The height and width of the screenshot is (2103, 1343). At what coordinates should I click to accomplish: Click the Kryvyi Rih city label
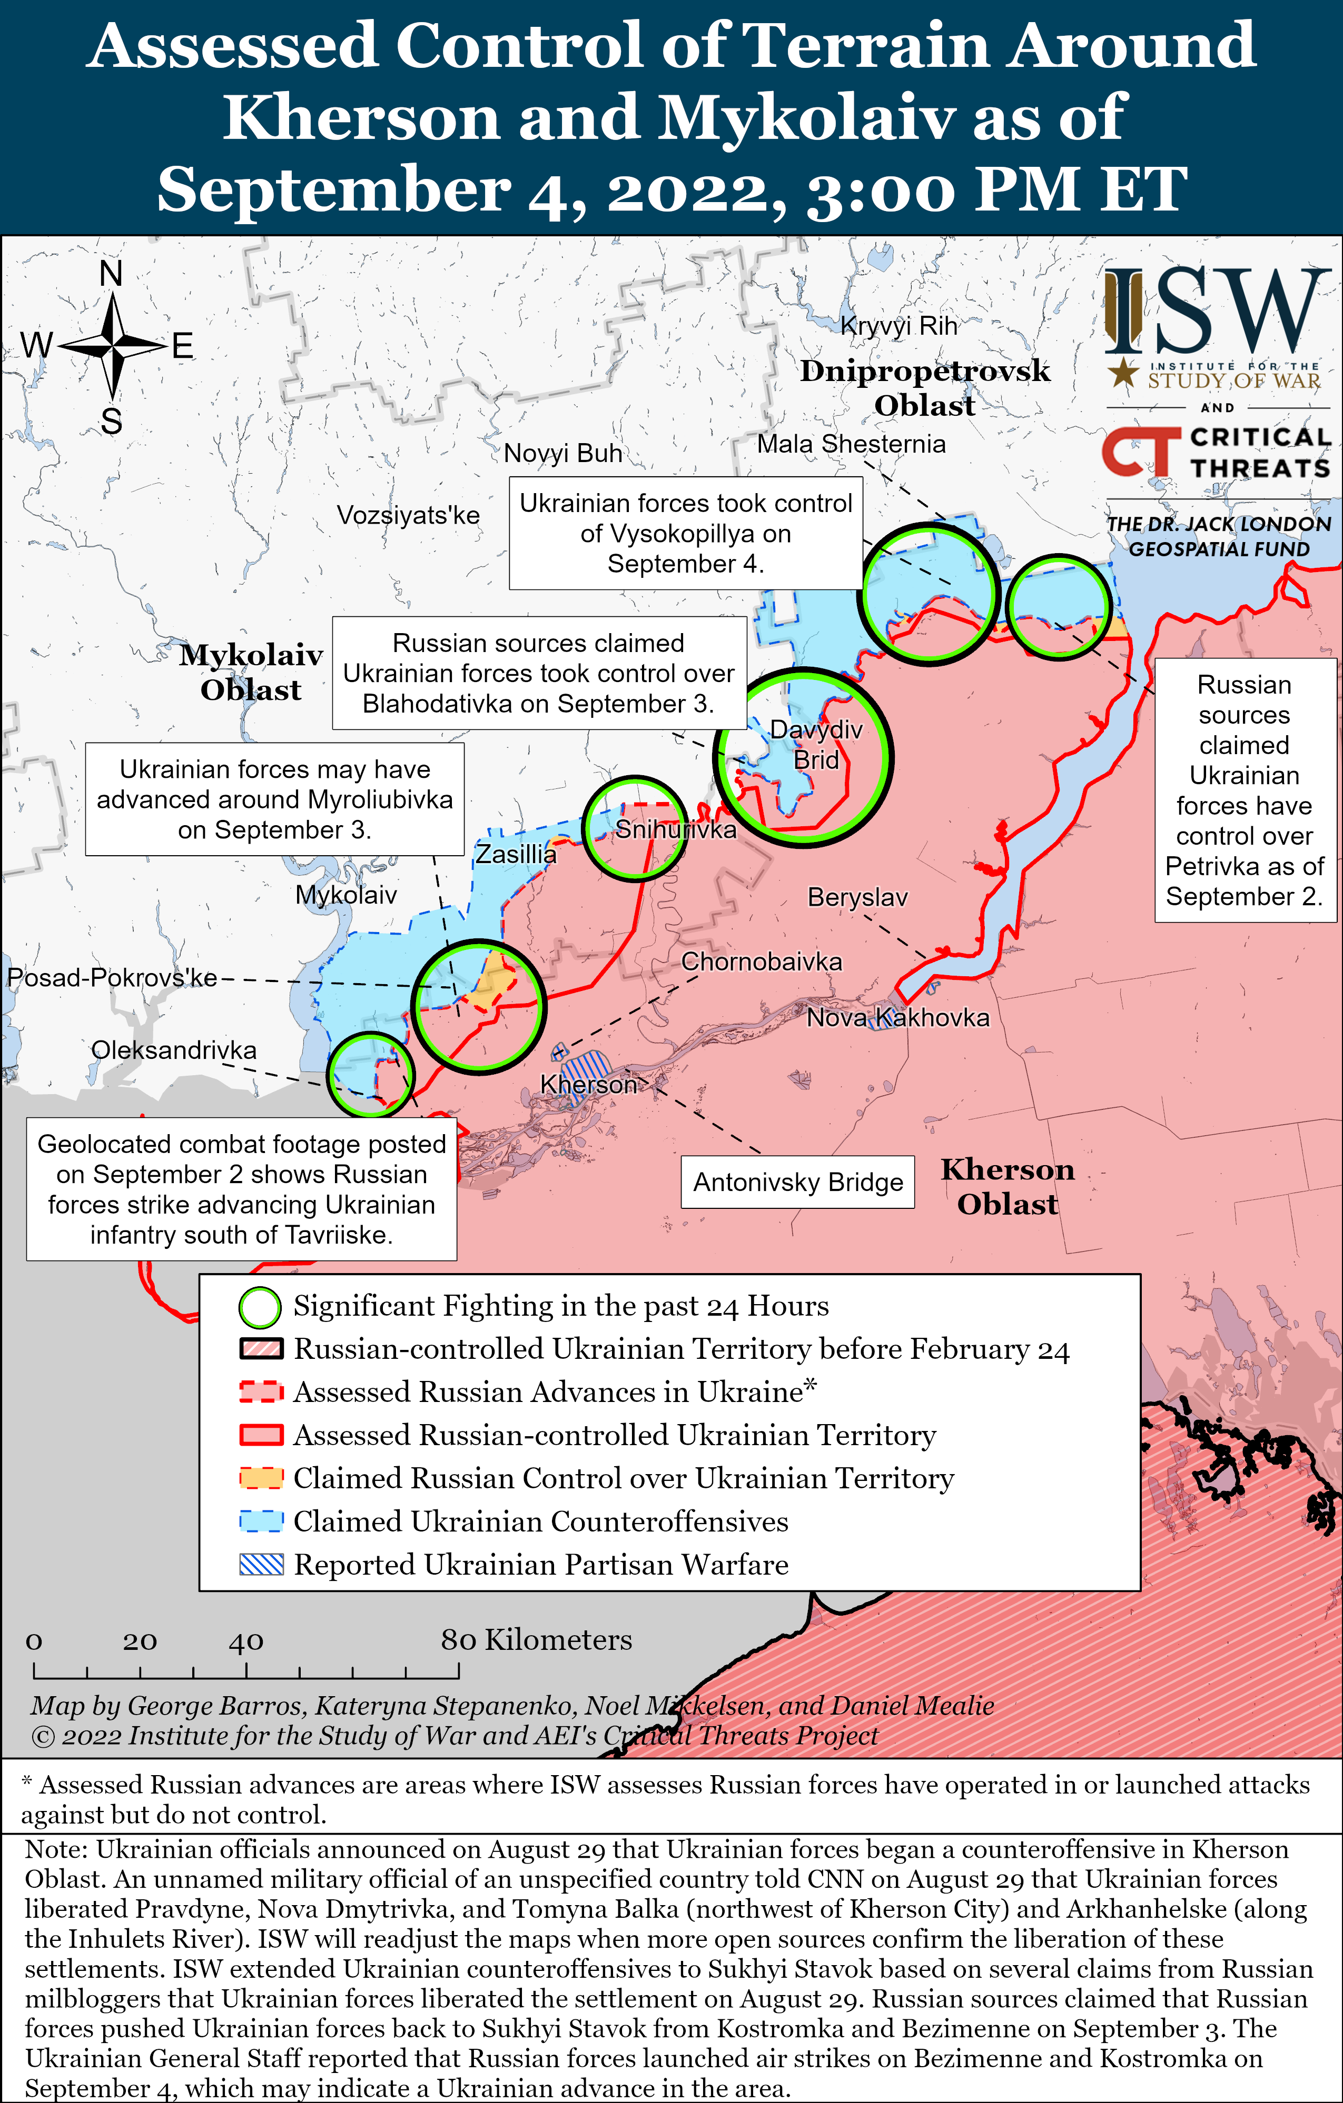coord(898,326)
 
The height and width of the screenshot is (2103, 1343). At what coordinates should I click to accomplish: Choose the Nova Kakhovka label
coord(897,1017)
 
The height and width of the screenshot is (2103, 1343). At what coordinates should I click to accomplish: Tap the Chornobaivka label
coord(761,962)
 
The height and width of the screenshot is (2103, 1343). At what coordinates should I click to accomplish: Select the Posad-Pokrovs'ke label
coord(112,977)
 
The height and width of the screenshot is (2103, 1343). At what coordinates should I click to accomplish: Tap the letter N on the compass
coord(111,273)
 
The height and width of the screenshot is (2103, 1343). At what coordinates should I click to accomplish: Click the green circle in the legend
coord(260,1307)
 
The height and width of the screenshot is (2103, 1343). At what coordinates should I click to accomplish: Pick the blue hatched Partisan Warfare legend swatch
coord(261,1564)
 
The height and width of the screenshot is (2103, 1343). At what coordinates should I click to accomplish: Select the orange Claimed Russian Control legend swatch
coord(261,1478)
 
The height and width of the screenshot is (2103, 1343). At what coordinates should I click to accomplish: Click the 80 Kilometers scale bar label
coord(536,1640)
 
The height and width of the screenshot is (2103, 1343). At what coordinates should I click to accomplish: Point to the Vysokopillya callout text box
coord(685,533)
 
